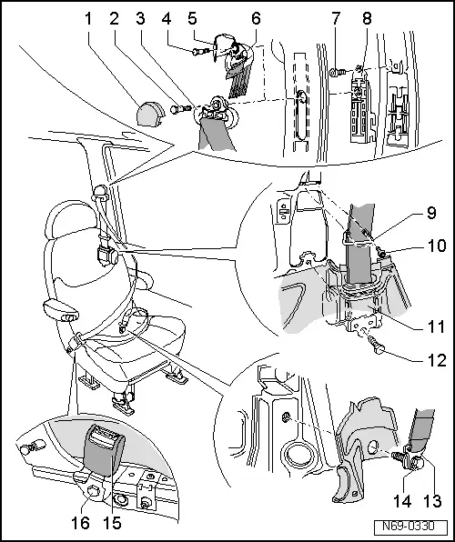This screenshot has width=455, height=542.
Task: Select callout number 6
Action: [256, 17]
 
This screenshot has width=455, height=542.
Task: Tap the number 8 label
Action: [365, 17]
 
